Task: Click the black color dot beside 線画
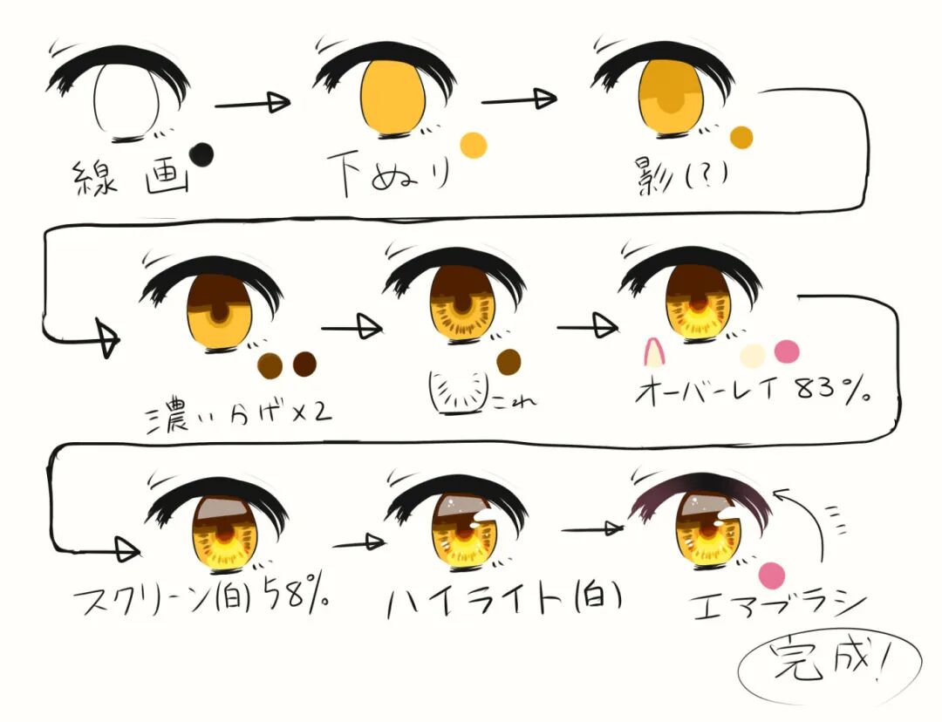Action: [201, 154]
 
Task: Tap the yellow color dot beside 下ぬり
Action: [473, 145]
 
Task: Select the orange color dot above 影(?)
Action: [741, 137]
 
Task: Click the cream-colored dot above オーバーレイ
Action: [752, 355]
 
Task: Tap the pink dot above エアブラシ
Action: [772, 576]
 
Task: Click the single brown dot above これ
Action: [508, 360]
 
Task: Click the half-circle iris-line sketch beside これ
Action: [459, 390]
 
